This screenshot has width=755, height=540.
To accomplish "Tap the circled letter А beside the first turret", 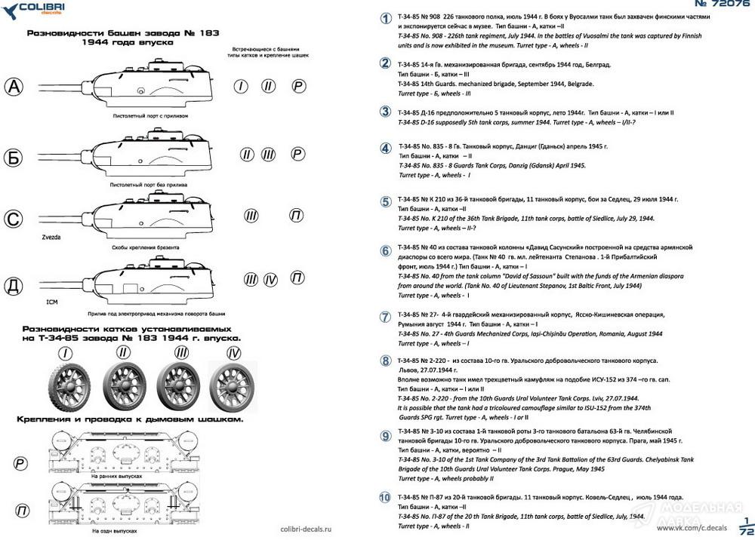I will [15, 87].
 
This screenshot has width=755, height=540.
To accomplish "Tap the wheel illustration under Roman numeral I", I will [68, 387].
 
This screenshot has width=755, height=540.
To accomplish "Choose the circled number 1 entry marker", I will [385, 20].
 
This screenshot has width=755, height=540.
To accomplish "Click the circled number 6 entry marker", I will [385, 251].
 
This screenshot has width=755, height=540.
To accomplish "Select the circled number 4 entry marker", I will [385, 148].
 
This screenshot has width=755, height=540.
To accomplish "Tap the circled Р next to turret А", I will [299, 87].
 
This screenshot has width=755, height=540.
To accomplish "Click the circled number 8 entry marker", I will [385, 362].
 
